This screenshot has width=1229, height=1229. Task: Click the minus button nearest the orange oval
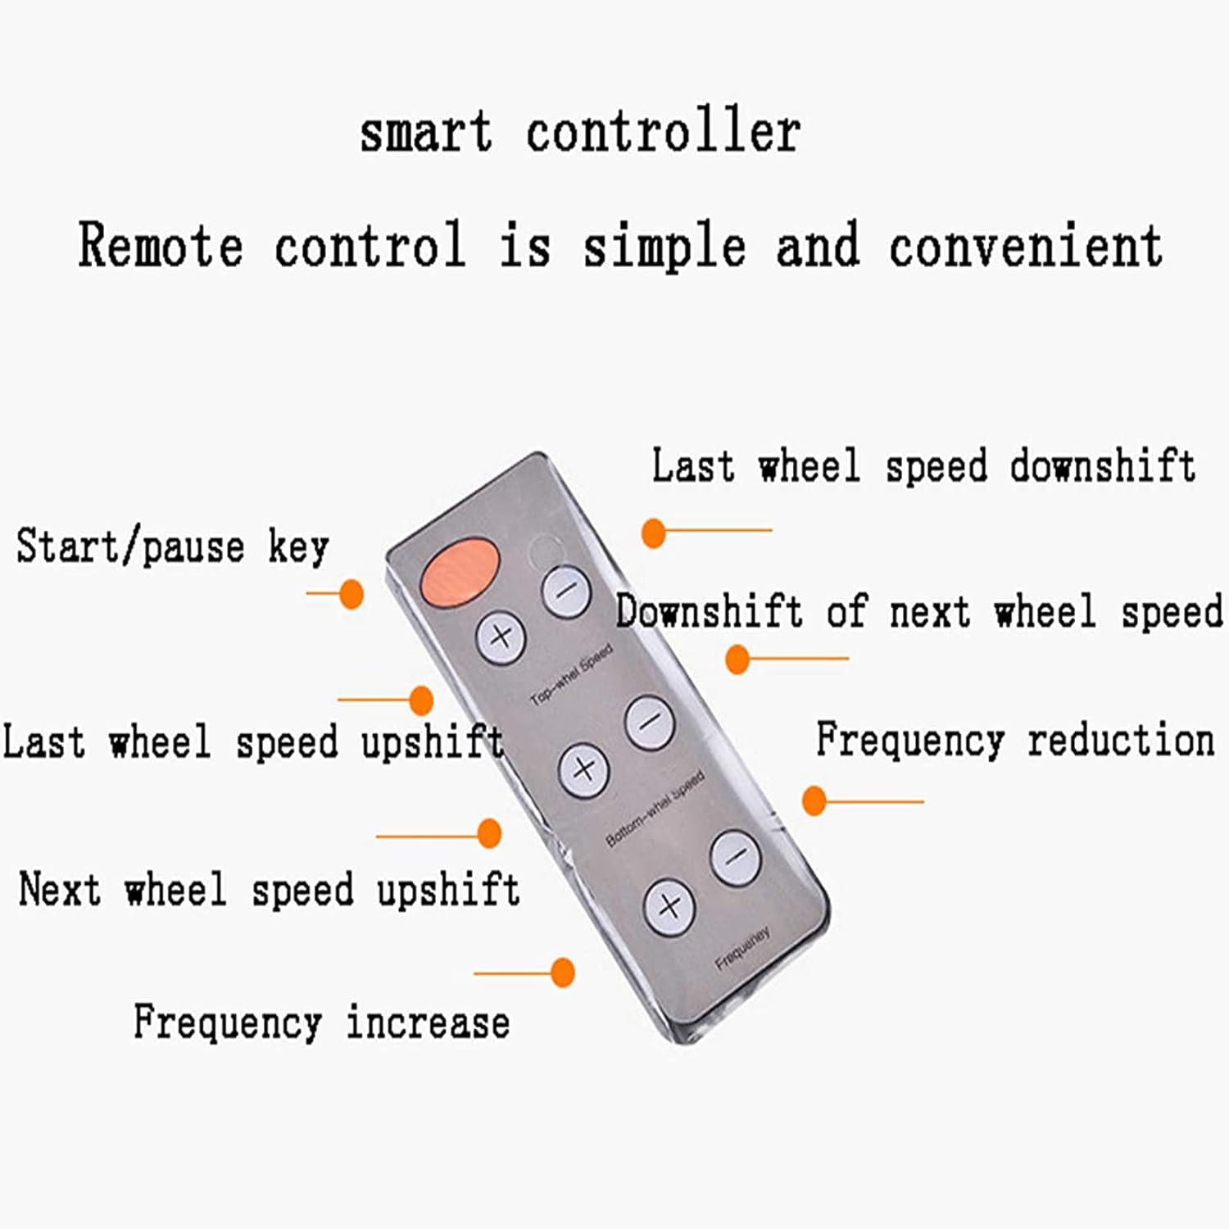click(566, 590)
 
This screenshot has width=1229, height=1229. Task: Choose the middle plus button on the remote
click(583, 769)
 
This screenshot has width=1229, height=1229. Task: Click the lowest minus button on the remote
click(736, 857)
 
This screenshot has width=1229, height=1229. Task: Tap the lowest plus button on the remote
click(669, 906)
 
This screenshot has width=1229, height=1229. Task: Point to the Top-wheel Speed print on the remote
click(572, 675)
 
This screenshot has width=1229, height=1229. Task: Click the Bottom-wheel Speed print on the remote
click(655, 809)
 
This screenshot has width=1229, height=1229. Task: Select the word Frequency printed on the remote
click(742, 950)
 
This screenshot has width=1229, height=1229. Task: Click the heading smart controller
click(580, 133)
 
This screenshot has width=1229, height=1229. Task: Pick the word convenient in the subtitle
click(1026, 246)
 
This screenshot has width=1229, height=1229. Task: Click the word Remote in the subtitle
click(161, 246)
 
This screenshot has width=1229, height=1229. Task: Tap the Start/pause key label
click(172, 546)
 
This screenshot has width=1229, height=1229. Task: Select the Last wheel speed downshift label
click(923, 466)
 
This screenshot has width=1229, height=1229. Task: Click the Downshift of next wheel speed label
click(919, 612)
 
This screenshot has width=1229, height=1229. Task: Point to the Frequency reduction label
click(1015, 740)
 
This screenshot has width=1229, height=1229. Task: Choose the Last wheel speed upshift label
click(252, 741)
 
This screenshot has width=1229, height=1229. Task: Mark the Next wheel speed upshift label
click(269, 890)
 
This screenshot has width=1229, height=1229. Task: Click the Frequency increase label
click(321, 1023)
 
